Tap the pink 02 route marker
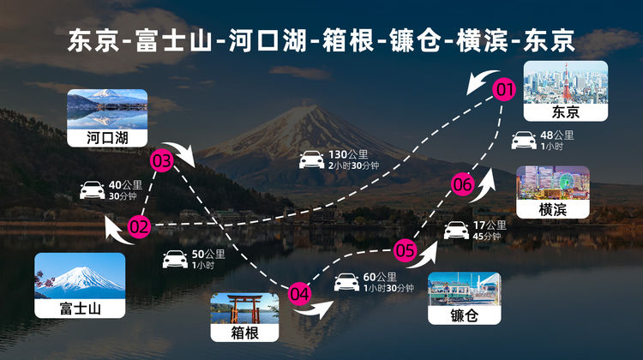coord(139,226)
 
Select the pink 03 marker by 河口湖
coord(161,160)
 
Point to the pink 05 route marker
coord(406,251)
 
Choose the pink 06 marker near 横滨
coord(462,184)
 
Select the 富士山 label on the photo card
coord(80,307)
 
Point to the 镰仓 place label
coord(463,315)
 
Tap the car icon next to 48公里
coord(523,140)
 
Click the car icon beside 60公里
coord(346,282)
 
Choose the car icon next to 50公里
coord(175,259)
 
